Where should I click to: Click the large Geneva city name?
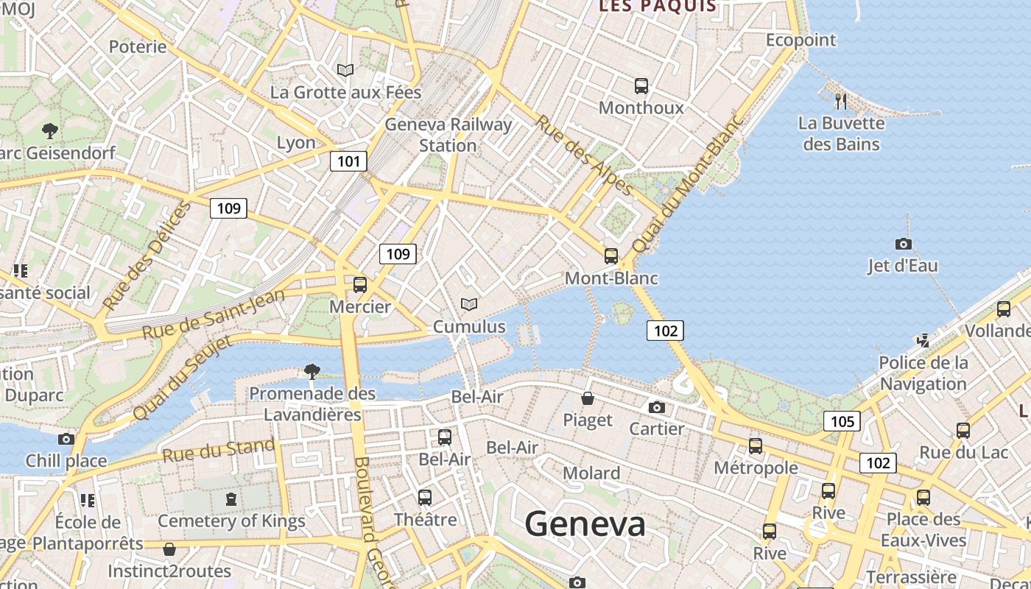585,524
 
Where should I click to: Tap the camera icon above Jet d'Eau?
903,244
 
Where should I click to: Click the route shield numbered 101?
348,161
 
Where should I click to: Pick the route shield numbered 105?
842,421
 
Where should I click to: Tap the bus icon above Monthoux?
641,86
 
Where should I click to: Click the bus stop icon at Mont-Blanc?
610,256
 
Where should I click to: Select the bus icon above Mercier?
359,285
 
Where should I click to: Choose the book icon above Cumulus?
468,304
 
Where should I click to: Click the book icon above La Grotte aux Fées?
345,70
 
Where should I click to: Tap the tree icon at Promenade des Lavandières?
312,370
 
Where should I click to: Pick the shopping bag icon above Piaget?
588,398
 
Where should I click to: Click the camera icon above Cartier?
656,407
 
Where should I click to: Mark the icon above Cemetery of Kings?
231,499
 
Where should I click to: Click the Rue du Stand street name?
219,450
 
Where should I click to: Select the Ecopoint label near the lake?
800,40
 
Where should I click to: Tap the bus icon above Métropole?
755,445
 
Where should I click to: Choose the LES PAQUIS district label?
657,7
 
